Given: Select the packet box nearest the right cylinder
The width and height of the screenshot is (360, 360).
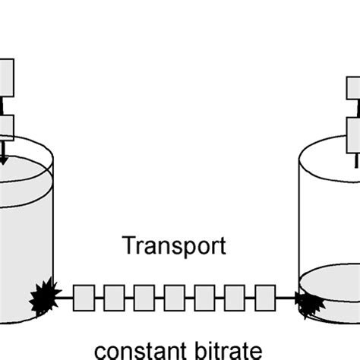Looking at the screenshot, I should coord(264,295).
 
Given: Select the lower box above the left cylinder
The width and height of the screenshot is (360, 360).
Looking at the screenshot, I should coord(6,127).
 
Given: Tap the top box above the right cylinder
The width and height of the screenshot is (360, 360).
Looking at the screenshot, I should coord(355,88).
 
